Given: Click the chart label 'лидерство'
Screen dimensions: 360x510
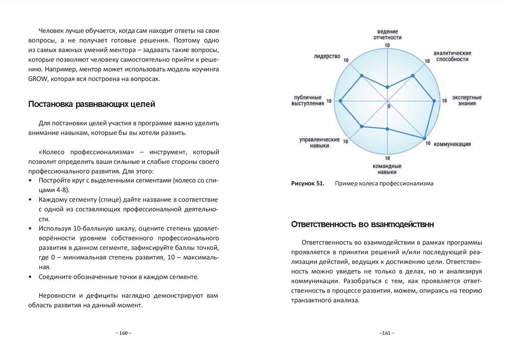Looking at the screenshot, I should click(327, 56).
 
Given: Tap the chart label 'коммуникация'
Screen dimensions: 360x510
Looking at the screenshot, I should click(452, 144).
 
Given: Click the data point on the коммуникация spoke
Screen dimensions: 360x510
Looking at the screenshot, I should click(425, 138).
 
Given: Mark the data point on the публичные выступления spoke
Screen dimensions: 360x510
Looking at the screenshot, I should click(341, 101).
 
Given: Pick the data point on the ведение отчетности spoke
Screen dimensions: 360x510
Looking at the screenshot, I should click(387, 87).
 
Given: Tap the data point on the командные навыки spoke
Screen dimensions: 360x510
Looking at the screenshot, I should click(387, 129).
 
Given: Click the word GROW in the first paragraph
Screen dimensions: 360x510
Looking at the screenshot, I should click(37, 79).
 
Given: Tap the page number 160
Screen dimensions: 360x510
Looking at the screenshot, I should click(124, 333).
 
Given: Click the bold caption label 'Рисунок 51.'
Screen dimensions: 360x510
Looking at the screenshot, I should click(308, 183).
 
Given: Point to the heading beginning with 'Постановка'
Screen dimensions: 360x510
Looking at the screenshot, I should click(92, 104).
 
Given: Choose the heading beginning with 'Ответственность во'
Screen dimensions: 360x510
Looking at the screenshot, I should click(363, 225).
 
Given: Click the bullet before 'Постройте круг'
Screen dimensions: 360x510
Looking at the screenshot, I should click(30, 180).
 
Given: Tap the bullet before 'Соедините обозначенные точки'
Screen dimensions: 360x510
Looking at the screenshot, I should click(30, 276).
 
